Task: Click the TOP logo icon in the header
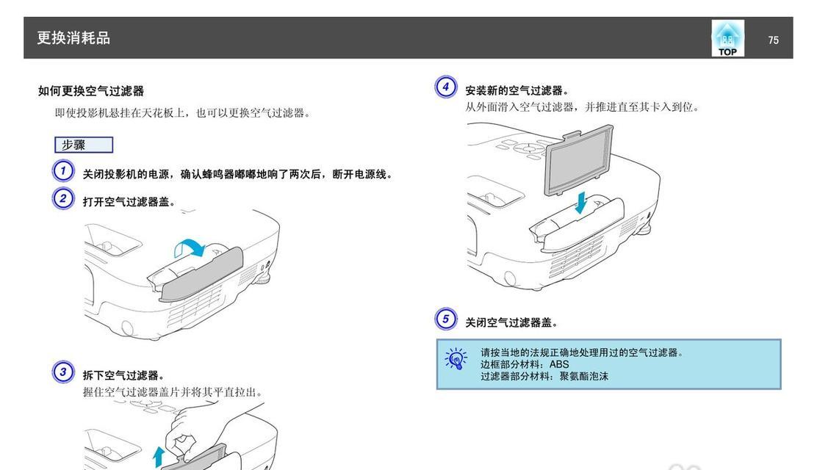point(727,38)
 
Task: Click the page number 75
point(773,40)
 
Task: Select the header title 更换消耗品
point(73,37)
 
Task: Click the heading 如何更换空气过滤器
point(91,91)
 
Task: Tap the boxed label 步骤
point(84,145)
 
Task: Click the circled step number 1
point(63,170)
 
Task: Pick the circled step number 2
point(63,199)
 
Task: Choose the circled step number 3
point(63,372)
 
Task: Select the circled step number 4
point(446,87)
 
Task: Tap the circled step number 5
point(446,319)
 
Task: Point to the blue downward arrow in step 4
point(581,203)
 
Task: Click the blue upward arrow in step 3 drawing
point(158,457)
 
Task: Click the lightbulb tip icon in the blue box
point(456,358)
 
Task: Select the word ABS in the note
point(559,364)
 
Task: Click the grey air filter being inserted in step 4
point(579,159)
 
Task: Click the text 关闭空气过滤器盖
point(508,322)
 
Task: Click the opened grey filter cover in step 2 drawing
point(201,275)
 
